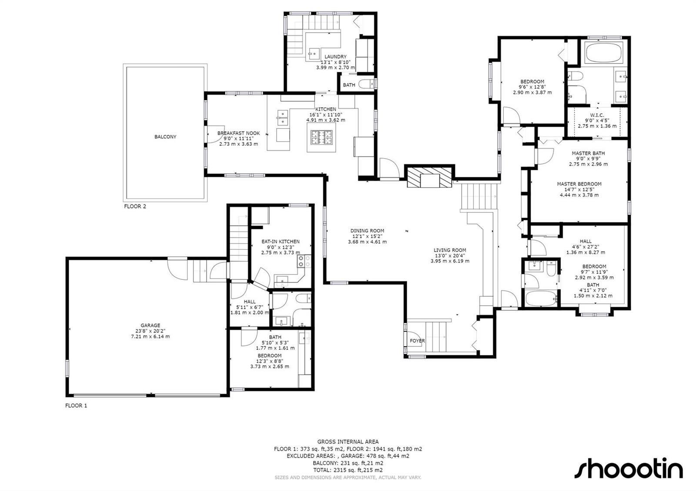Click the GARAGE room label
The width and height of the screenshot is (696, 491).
click(151, 325)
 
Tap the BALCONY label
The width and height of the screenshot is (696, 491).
click(165, 136)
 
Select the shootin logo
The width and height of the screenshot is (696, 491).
click(628, 468)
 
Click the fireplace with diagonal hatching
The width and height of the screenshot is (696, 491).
click(429, 178)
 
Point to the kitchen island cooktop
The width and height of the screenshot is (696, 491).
click(321, 137)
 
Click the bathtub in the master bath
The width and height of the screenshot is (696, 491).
click(601, 53)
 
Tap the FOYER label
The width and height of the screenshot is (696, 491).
click(417, 341)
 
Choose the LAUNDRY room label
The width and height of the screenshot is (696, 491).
click(335, 56)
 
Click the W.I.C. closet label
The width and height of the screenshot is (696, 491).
click(597, 115)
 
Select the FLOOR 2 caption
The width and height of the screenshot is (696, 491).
click(135, 206)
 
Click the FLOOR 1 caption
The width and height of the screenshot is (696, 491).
click(76, 405)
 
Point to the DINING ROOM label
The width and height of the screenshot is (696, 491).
click(367, 231)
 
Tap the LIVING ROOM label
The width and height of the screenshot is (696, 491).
click(450, 250)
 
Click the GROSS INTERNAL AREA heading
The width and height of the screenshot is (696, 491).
click(348, 441)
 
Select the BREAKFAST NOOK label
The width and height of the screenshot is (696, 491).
click(239, 133)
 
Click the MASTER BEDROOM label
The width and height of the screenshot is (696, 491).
click(579, 184)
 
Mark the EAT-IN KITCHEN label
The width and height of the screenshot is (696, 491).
click(281, 241)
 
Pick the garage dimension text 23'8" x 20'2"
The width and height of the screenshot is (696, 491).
click(151, 331)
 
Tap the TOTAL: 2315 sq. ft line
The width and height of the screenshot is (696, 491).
click(348, 470)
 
